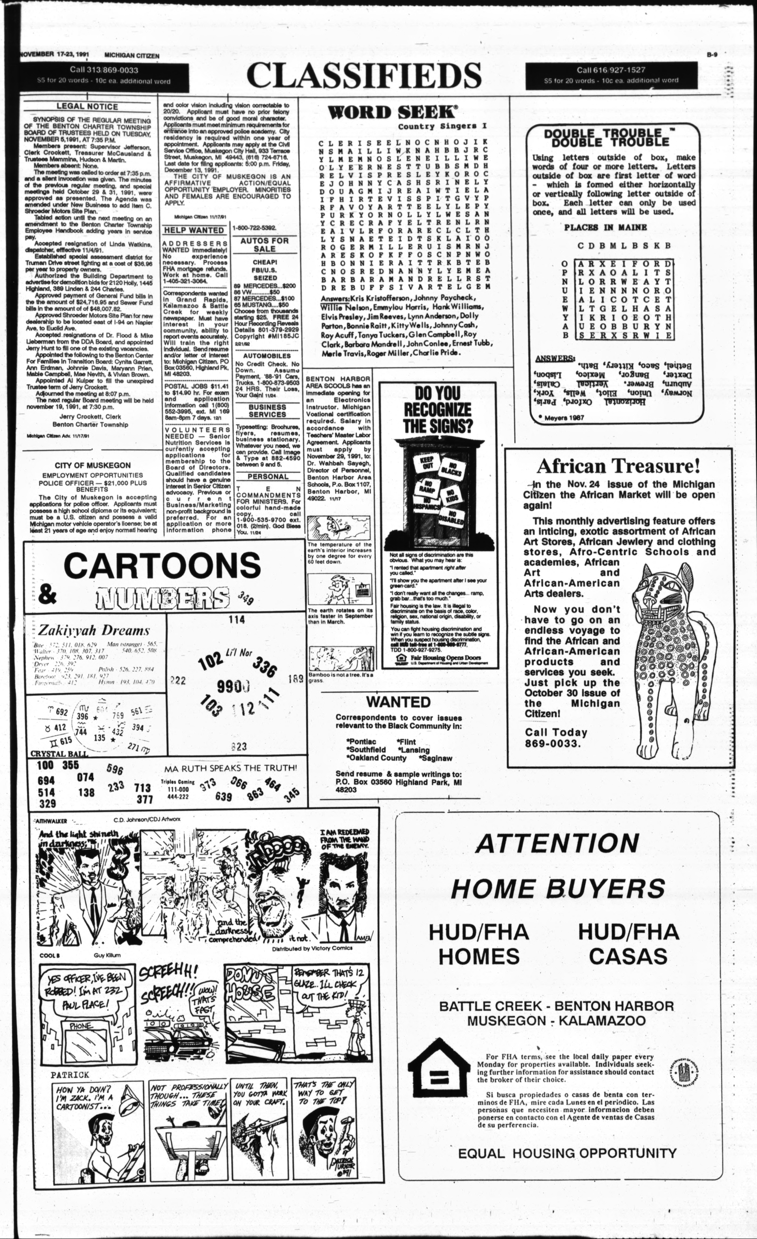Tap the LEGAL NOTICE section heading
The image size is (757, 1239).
(87, 107)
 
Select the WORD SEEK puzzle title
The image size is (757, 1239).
(386, 112)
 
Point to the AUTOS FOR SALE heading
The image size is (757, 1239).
(264, 245)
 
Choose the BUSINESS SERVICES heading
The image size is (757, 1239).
(267, 411)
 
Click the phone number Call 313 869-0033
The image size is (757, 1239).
(97, 70)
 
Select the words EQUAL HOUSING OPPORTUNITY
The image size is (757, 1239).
(567, 1153)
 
